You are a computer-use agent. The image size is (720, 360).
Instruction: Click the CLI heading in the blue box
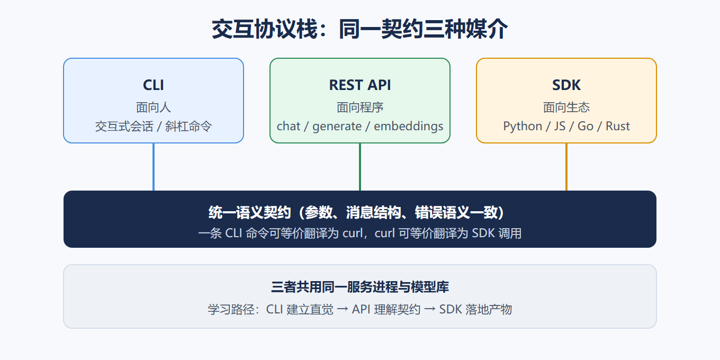click(x=154, y=85)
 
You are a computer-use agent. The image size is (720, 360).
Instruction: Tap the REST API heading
click(x=359, y=85)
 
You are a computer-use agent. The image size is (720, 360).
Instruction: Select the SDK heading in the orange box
click(x=566, y=85)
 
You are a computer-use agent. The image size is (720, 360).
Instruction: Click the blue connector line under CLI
click(x=154, y=167)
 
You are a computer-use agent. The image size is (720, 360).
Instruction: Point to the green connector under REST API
click(x=359, y=167)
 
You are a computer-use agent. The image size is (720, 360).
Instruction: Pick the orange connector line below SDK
click(x=566, y=167)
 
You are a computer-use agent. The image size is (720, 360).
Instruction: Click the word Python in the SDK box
click(x=523, y=127)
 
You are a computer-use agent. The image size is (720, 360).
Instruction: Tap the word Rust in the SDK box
click(x=617, y=127)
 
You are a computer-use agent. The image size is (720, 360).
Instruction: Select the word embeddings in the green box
click(x=409, y=127)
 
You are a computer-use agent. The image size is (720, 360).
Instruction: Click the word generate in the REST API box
click(x=337, y=127)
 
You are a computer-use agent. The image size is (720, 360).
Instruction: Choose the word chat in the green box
click(x=289, y=127)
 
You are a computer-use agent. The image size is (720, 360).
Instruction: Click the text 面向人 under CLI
click(x=154, y=107)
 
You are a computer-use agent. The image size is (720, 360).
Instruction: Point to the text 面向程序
click(x=359, y=107)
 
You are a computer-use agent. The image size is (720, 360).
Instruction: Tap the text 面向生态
click(x=566, y=107)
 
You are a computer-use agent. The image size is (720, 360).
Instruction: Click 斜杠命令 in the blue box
click(x=188, y=127)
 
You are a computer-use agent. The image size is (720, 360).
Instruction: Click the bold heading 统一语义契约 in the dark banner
click(x=249, y=212)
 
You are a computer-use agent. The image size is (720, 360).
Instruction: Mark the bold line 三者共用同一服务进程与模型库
click(x=359, y=287)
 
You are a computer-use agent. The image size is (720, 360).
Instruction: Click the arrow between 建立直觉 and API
click(x=343, y=309)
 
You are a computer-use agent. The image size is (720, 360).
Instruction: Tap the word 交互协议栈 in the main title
click(x=265, y=29)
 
